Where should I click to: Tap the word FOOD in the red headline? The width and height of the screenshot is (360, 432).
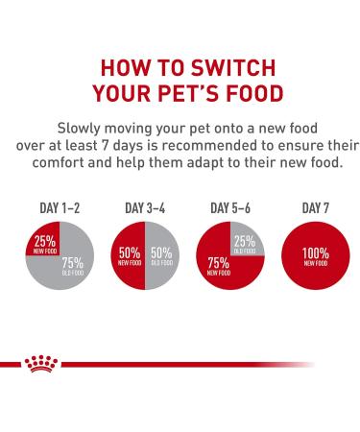tap(245, 94)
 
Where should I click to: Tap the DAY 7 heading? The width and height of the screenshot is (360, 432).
tap(311, 207)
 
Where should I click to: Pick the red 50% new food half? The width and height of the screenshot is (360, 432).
tap(128, 257)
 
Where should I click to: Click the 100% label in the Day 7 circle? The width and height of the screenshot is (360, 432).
tap(311, 253)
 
